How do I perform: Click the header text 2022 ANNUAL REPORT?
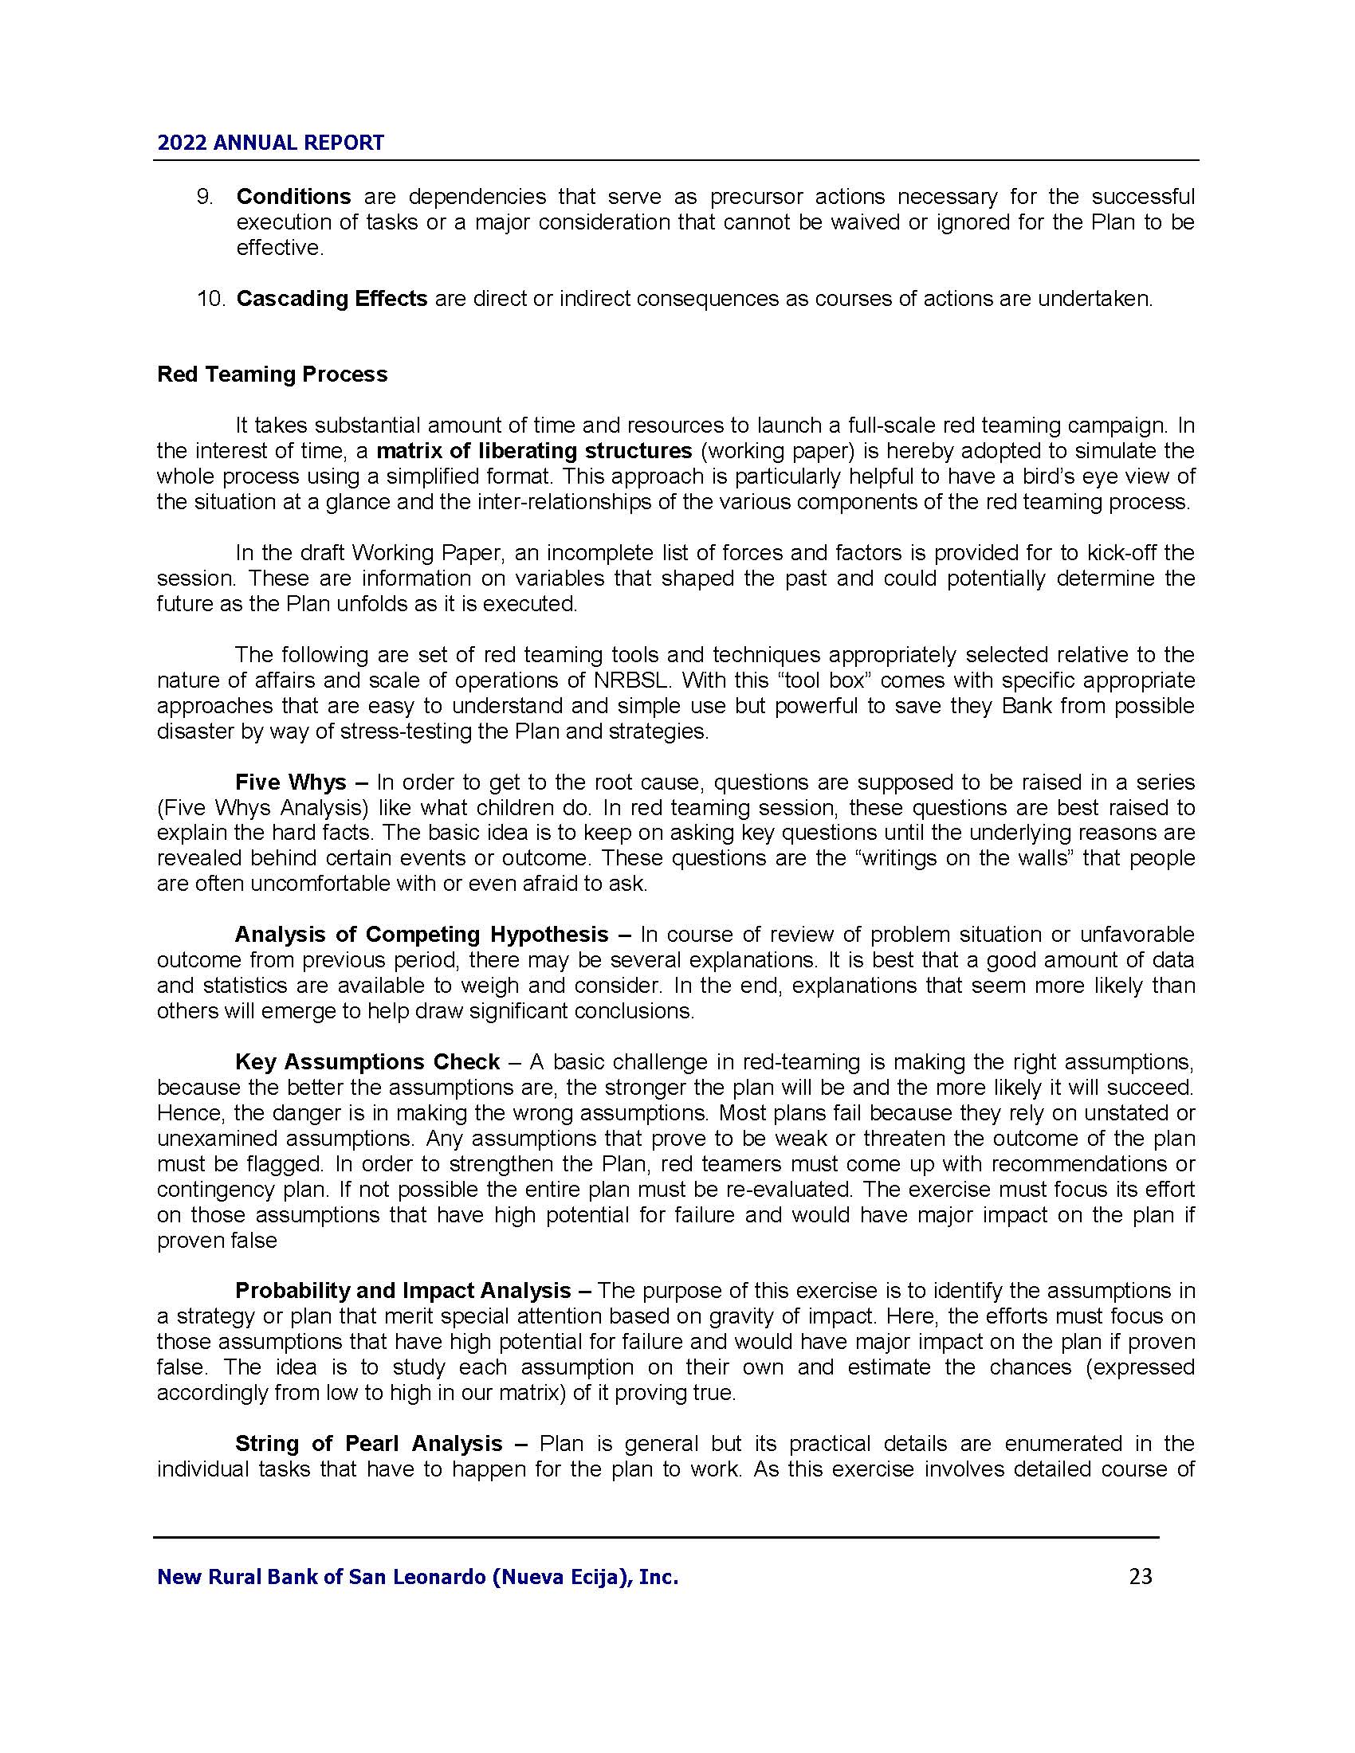pos(270,143)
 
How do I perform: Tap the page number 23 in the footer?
pos(1140,1576)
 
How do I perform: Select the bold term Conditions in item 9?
pos(293,197)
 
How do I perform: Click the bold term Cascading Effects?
pos(332,299)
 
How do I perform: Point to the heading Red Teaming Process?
pos(272,375)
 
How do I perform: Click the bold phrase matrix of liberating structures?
pos(534,450)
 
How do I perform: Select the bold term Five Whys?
pos(291,782)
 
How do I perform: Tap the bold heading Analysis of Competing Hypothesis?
pos(422,935)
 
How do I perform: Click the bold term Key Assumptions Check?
pos(367,1062)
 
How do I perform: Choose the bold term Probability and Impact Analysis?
pos(403,1291)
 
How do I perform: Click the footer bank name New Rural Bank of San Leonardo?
pos(418,1577)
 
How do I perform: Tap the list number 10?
pos(212,299)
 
